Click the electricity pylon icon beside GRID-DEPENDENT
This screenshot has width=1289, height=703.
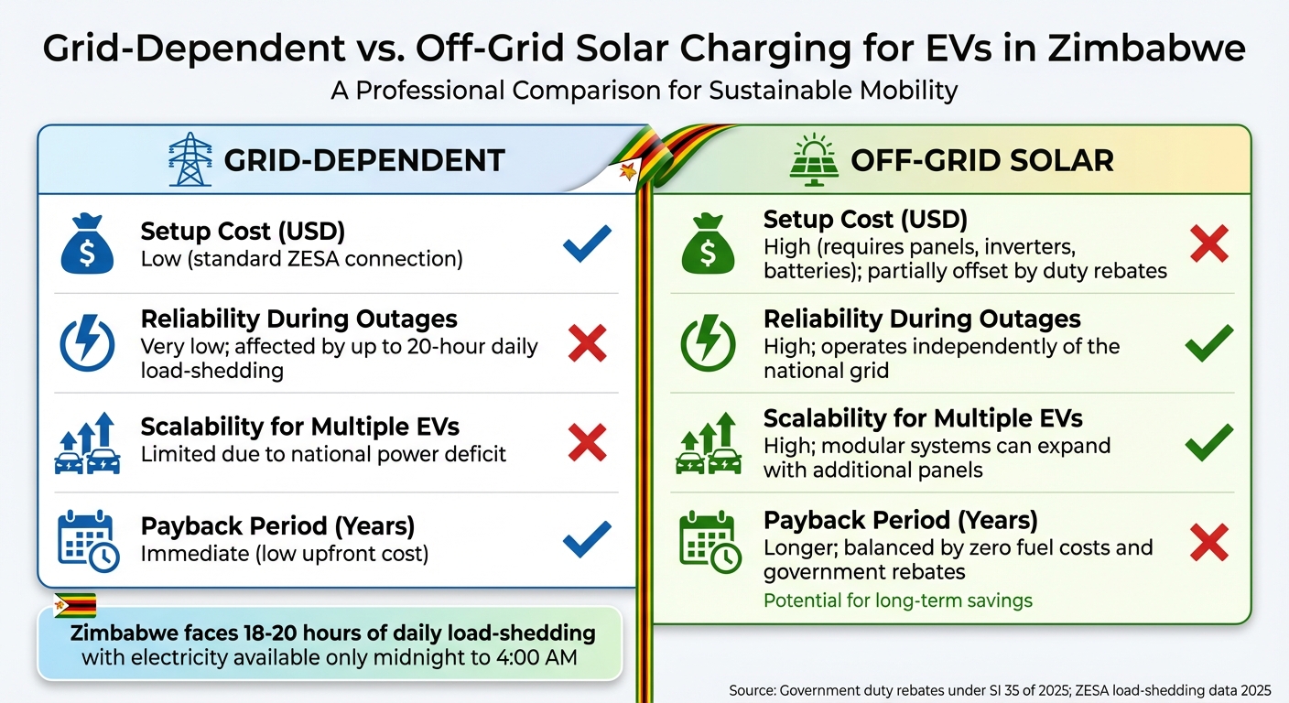(x=190, y=160)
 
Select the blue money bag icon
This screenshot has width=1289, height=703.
(x=87, y=243)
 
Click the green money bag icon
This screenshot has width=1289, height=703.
(x=709, y=243)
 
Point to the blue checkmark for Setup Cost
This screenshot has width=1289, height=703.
(x=587, y=243)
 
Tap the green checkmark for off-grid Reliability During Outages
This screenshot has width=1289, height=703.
(x=1208, y=344)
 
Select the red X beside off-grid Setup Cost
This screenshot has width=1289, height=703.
(x=1208, y=243)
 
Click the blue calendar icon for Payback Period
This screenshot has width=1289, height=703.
(x=88, y=542)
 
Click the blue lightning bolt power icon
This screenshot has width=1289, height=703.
(x=87, y=344)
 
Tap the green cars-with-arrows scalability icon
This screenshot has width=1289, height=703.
(x=709, y=443)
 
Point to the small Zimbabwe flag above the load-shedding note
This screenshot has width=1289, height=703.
(x=75, y=605)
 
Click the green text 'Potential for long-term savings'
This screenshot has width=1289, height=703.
(x=897, y=601)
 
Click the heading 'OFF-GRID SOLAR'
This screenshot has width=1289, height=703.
(x=981, y=161)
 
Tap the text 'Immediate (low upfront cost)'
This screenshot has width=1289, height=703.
(x=285, y=554)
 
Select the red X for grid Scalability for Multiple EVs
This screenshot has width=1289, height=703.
(x=587, y=443)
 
